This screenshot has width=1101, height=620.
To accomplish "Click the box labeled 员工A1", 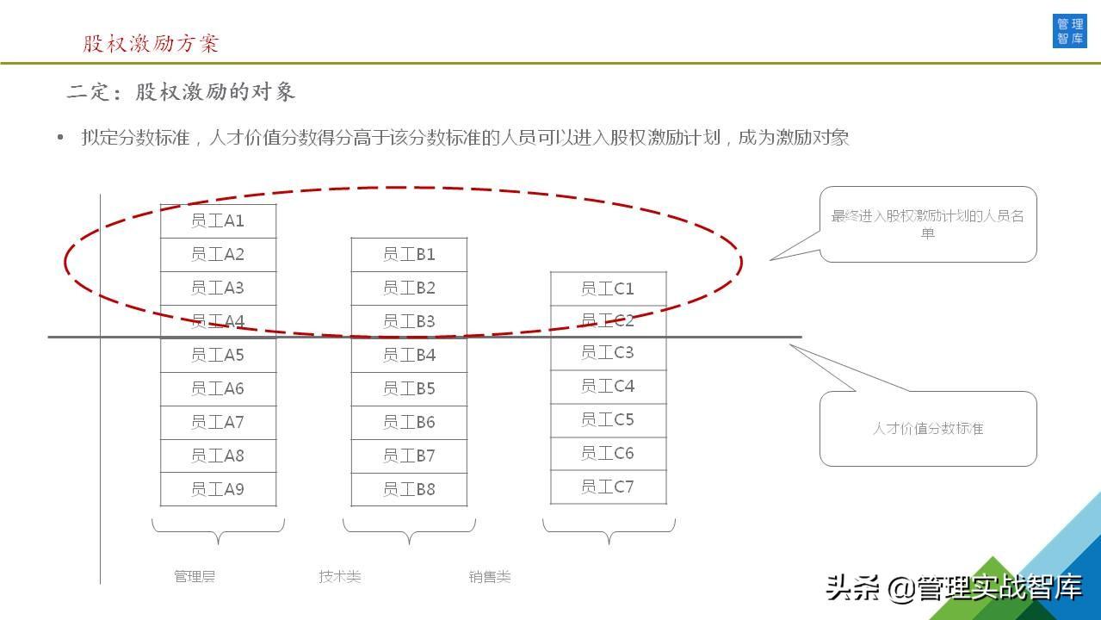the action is pos(219,221).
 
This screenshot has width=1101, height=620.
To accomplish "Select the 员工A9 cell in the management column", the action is pos(219,489).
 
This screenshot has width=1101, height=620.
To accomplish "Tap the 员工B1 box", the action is pos(409,255).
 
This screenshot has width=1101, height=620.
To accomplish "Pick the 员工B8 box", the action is pos(409,489).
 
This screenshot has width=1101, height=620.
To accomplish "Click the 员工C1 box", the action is pos(609,288).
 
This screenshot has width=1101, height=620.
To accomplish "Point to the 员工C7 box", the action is pos(609,487).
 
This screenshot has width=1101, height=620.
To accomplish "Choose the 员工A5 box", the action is pos(219,355).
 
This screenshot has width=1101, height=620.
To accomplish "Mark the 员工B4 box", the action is pos(409,355).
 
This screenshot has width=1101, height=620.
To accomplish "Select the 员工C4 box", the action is pos(609,387).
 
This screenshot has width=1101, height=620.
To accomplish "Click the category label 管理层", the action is pos(195,576).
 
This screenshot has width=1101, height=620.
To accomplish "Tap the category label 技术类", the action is pos(340,576).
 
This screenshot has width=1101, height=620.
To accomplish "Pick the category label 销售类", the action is pos(490,576).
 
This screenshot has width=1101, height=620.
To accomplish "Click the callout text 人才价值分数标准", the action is pos(928,428).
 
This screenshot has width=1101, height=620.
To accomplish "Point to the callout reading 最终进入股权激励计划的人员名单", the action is pos(927,224).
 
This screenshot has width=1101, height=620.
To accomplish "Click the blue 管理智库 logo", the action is pos(1069,31).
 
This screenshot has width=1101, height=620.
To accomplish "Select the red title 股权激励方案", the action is pos(151,43).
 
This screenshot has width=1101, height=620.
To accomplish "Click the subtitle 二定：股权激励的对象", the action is pos(181,92).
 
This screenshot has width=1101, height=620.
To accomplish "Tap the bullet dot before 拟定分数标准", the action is pos(60,137).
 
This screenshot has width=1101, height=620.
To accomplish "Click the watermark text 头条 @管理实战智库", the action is pos(954,587).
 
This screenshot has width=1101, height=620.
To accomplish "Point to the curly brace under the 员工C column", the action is pos(609,532).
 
